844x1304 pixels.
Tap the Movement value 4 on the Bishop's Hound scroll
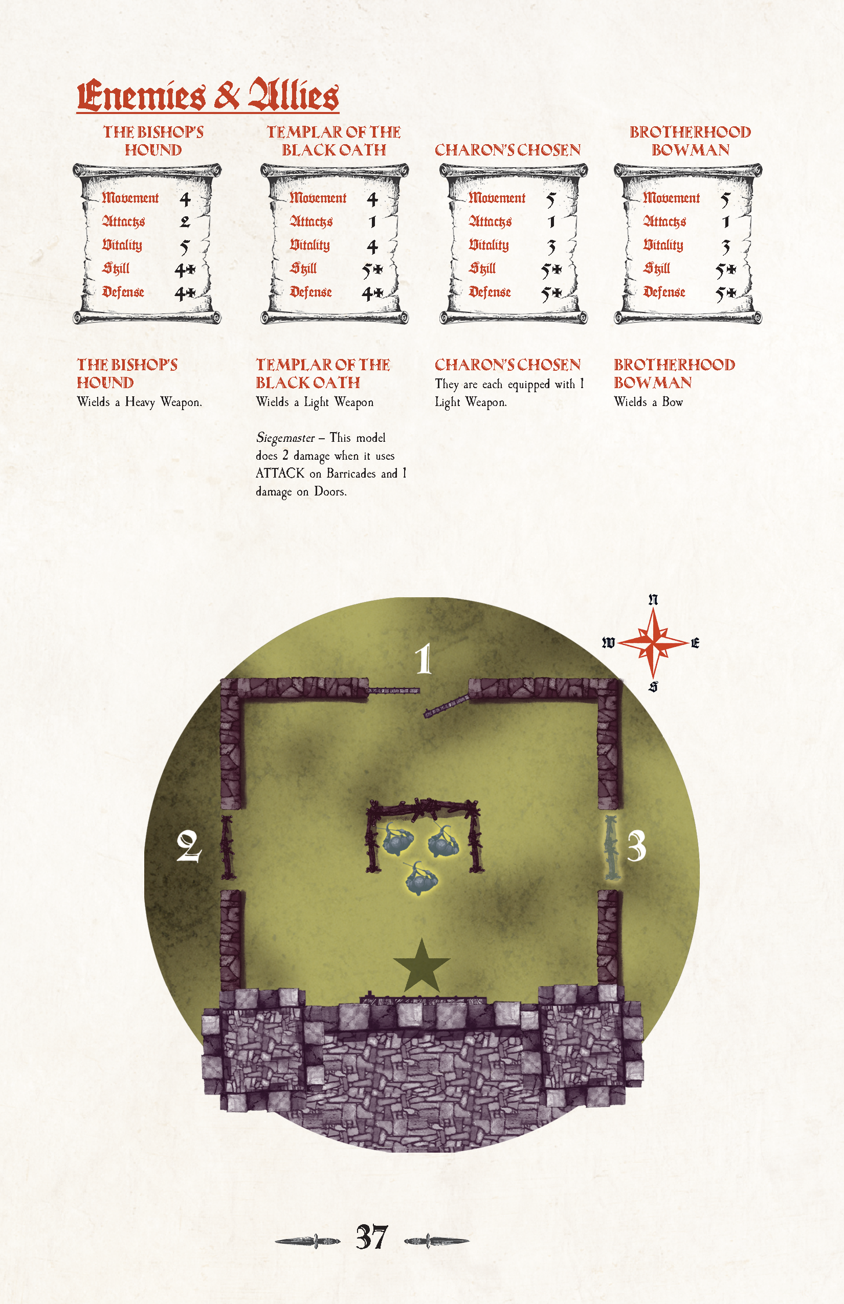pyautogui.click(x=185, y=199)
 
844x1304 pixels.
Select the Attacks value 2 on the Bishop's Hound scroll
pyautogui.click(x=185, y=222)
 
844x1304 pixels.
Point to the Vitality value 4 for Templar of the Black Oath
pyautogui.click(x=372, y=246)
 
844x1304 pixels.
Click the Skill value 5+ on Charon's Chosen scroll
pyautogui.click(x=552, y=270)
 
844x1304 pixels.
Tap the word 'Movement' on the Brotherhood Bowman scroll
pyautogui.click(x=671, y=198)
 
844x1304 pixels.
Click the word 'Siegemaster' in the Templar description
pyautogui.click(x=285, y=438)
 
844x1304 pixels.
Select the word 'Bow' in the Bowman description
pyautogui.click(x=673, y=401)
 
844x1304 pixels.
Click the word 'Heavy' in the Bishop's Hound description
pyautogui.click(x=140, y=402)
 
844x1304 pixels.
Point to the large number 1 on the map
pyautogui.click(x=423, y=659)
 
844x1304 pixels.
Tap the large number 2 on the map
pyautogui.click(x=189, y=846)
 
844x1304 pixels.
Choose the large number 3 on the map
pyautogui.click(x=636, y=846)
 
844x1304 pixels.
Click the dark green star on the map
pyautogui.click(x=421, y=967)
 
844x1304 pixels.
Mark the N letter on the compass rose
pyautogui.click(x=653, y=599)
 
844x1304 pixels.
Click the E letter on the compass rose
pyautogui.click(x=695, y=643)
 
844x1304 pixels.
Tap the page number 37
pyautogui.click(x=371, y=1237)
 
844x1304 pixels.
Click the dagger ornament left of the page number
pyautogui.click(x=307, y=1241)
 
